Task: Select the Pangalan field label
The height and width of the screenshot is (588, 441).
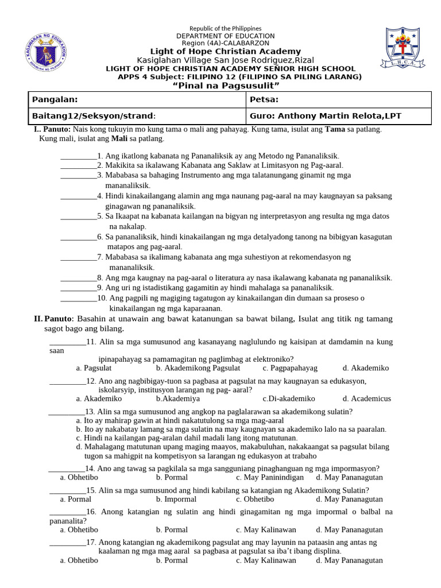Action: [55, 99]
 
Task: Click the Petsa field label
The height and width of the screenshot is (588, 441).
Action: [264, 99]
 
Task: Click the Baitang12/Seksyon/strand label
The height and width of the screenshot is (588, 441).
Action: [94, 116]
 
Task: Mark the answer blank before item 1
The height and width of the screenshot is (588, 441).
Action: [79, 156]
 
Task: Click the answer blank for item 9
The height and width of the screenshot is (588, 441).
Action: [79, 288]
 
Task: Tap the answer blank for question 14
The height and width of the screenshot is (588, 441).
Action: [67, 468]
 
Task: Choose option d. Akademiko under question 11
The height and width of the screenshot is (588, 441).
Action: [366, 367]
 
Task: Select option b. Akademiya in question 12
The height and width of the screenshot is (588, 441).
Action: [178, 398]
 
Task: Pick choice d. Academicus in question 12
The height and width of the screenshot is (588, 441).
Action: [367, 398]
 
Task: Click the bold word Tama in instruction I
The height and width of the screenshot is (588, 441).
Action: [335, 129]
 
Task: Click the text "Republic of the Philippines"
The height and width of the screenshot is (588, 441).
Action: [225, 29]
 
